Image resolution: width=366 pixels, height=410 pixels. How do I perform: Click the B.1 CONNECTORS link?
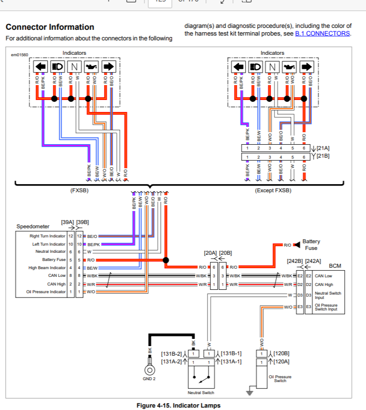[x=323, y=34]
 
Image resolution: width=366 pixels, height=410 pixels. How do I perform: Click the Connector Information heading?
[x=50, y=27]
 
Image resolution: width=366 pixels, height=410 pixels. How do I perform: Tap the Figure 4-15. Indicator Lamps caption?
[x=179, y=406]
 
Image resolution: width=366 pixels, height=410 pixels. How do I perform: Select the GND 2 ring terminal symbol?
[x=150, y=370]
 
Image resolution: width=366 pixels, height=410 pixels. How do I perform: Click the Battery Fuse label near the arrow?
[x=311, y=245]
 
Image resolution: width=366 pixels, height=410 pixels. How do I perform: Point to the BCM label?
[x=335, y=266]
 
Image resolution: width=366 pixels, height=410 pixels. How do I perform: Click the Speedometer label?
[x=33, y=226]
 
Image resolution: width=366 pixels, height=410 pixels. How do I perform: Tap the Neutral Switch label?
[x=201, y=393]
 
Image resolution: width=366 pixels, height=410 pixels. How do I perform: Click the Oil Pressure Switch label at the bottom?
[x=280, y=379]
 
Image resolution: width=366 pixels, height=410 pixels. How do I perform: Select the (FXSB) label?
[x=79, y=190]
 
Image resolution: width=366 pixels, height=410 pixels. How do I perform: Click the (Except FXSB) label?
[x=273, y=190]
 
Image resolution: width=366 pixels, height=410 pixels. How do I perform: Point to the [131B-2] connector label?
[x=171, y=354]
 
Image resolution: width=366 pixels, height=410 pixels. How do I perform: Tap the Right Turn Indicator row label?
[x=47, y=236]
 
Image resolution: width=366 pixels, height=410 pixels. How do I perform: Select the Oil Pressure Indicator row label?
[x=46, y=292]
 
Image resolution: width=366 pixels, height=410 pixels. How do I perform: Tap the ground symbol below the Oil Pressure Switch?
[x=249, y=393]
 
